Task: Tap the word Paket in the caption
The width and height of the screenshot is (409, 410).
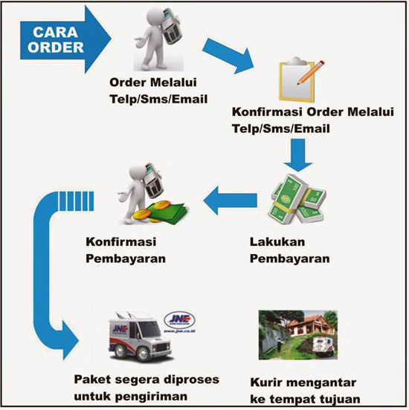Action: coord(92,380)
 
